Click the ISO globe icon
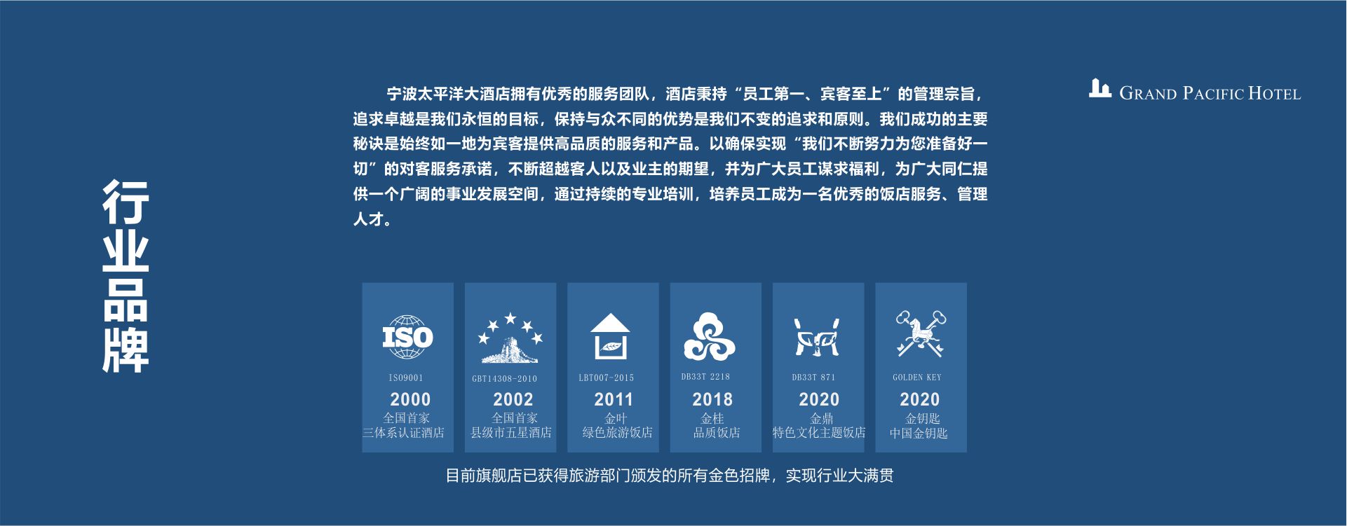tap(407, 338)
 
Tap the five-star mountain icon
tap(510, 338)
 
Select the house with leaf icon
tap(610, 336)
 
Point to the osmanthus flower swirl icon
tap(709, 337)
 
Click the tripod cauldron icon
tap(817, 337)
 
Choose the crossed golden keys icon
tap(920, 334)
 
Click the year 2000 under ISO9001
tap(410, 400)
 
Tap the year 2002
tap(513, 400)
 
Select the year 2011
tap(614, 400)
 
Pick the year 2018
tap(712, 400)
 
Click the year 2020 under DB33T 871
tap(819, 400)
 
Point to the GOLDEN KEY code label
tap(917, 377)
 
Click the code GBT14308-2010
tap(504, 379)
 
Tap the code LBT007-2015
tap(606, 378)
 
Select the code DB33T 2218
tap(705, 377)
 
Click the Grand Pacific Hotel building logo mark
tap(1099, 88)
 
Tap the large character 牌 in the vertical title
tap(126, 349)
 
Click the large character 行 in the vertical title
tap(126, 202)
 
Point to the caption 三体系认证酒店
tap(403, 433)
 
